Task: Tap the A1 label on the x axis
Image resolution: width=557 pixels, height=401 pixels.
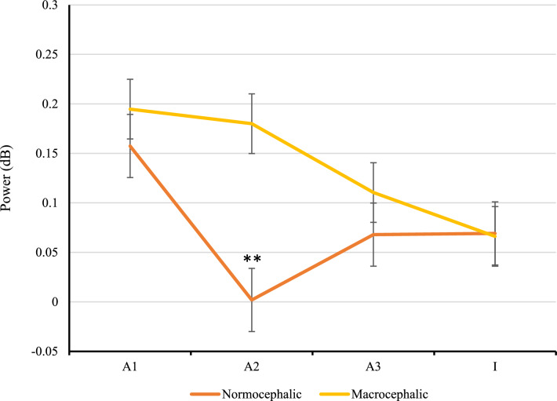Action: pos(130,366)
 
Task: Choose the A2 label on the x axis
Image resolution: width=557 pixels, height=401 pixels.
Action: pos(252,366)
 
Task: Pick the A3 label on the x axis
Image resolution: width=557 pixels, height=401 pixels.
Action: pos(373,366)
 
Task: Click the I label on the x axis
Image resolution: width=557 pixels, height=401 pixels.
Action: pos(495,366)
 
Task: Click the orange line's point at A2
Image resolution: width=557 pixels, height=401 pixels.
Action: pos(252,300)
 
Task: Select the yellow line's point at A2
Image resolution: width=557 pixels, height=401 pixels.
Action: pos(252,123)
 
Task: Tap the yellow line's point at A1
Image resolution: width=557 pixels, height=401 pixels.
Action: pos(130,109)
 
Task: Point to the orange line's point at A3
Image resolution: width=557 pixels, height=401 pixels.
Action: pos(373,235)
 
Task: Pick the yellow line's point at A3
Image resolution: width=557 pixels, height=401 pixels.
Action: pos(373,192)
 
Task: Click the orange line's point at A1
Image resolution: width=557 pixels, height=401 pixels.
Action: pos(130,146)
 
